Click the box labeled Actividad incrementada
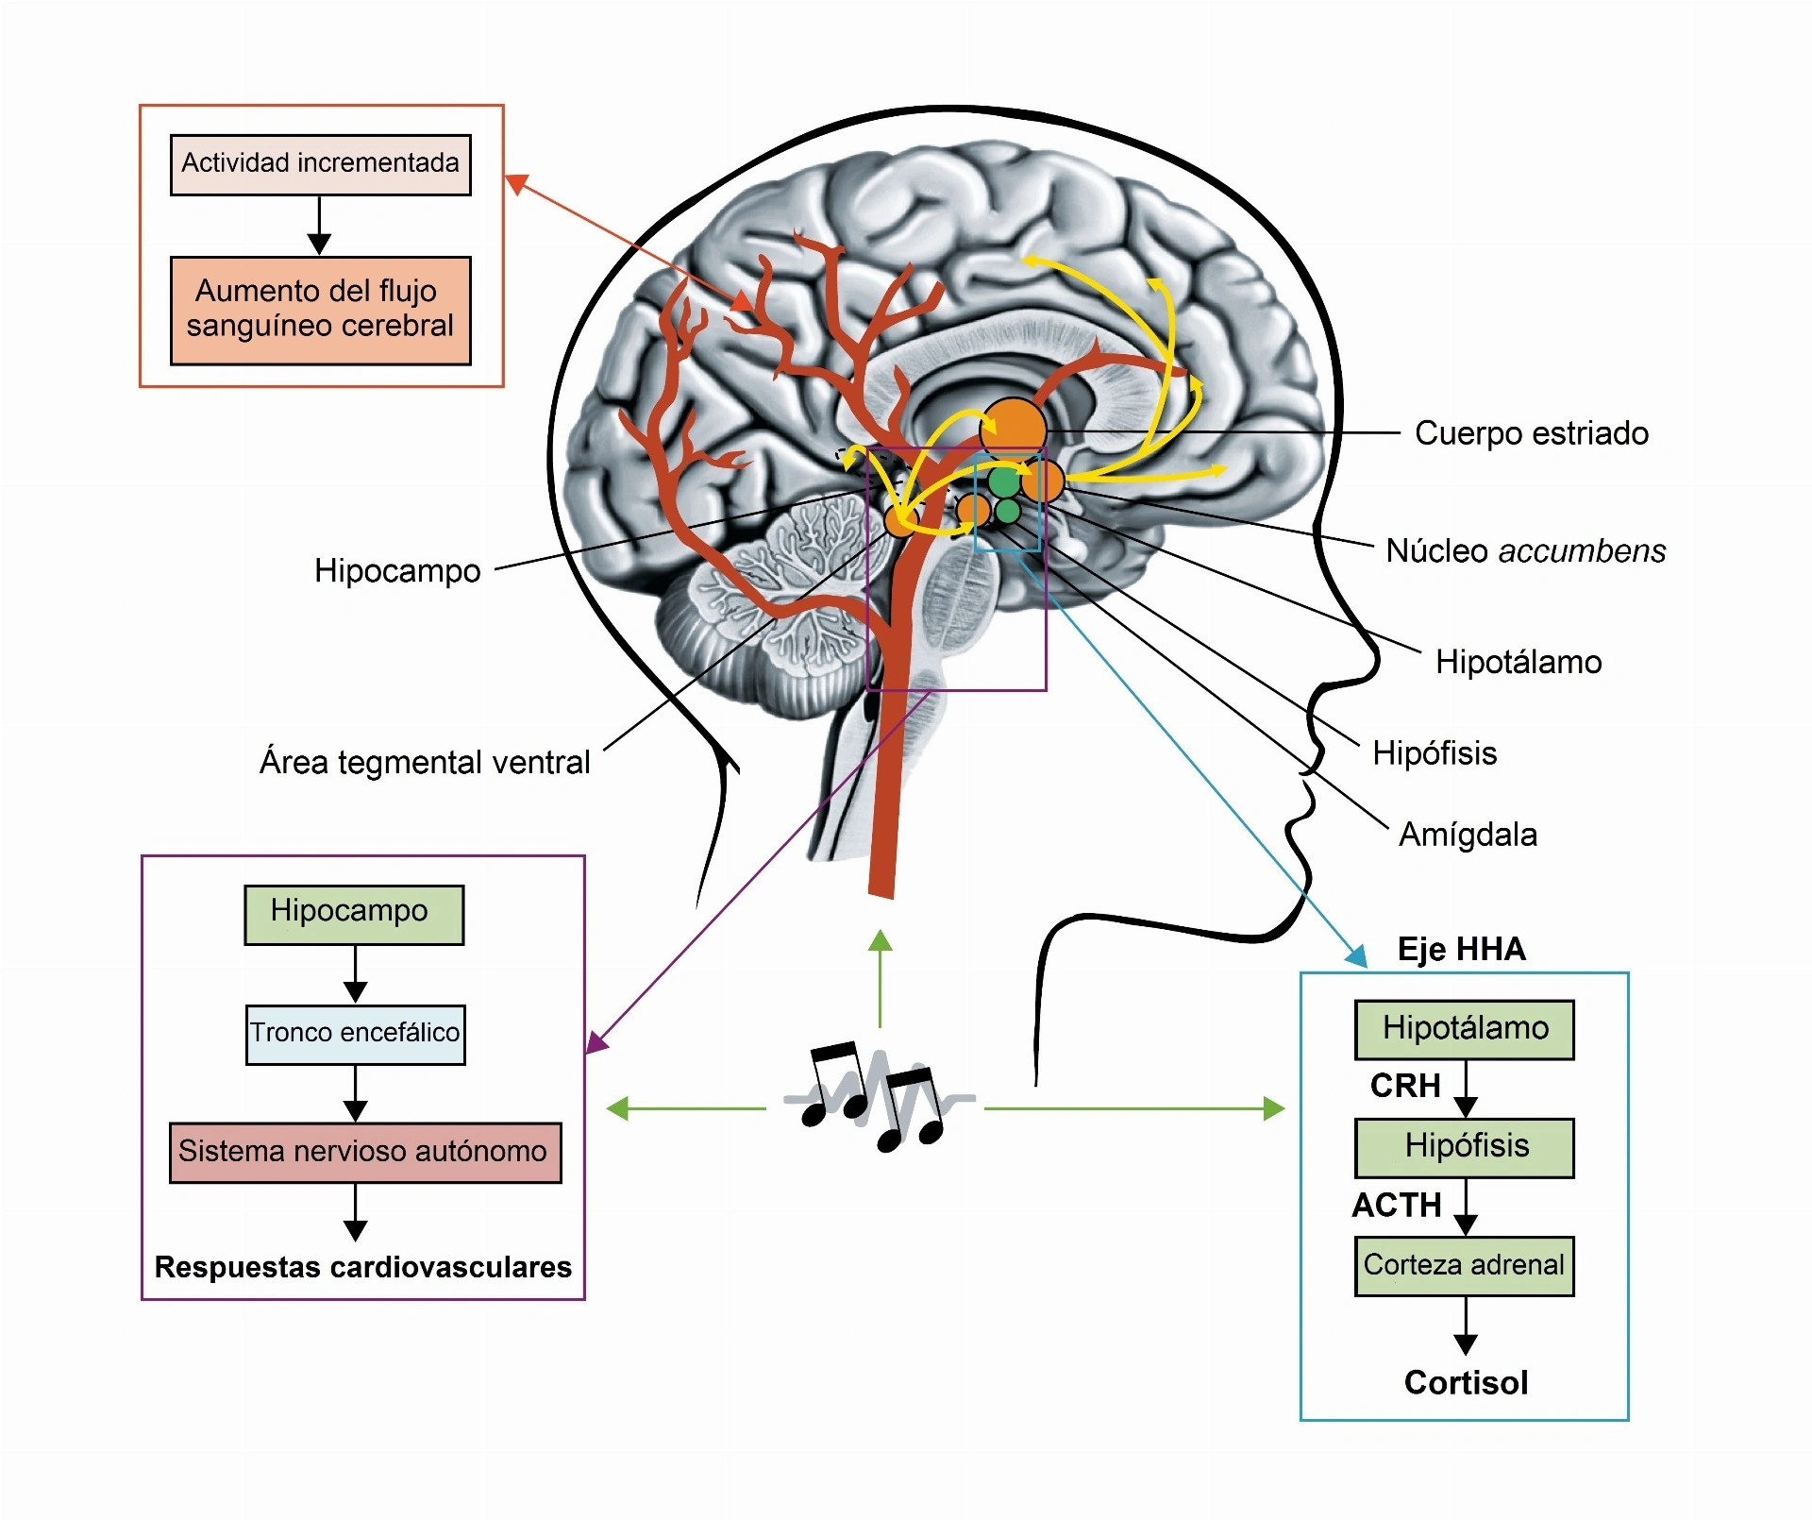[x=320, y=164]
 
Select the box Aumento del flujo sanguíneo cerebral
[x=320, y=310]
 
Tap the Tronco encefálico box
[x=355, y=1035]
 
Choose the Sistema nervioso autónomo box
[x=365, y=1153]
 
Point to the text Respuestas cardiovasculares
[x=363, y=1267]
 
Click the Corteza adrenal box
[x=1465, y=1266]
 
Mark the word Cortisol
[x=1466, y=1383]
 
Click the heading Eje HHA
[x=1461, y=949]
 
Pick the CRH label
[x=1405, y=1086]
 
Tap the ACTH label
[x=1397, y=1206]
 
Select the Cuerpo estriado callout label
[x=1532, y=433]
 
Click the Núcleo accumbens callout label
[x=1526, y=550]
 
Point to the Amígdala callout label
[x=1468, y=835]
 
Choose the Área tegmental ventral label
[x=425, y=761]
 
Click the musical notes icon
[x=879, y=1096]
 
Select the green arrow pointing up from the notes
[x=880, y=978]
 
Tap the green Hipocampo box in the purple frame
[x=354, y=915]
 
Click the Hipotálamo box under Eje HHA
[x=1465, y=1030]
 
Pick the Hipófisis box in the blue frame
[x=1465, y=1148]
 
